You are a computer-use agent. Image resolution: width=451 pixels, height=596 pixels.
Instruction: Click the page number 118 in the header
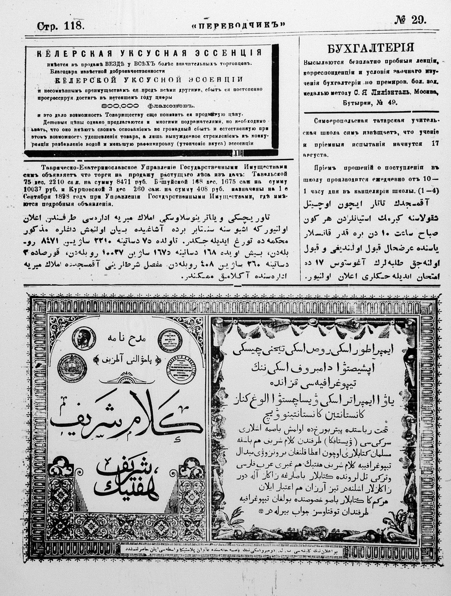[75, 26]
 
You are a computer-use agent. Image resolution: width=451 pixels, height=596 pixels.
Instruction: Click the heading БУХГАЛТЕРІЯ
[370, 48]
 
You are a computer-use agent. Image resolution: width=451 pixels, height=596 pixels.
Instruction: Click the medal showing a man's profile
[82, 338]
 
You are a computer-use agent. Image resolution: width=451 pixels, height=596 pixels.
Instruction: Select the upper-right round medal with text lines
[169, 340]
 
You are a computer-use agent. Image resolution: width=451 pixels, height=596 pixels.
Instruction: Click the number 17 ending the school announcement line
[435, 144]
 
